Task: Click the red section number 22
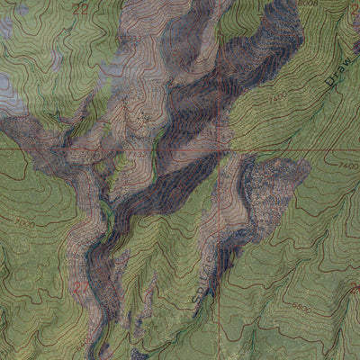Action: click(x=82, y=8)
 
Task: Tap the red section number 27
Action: click(x=82, y=288)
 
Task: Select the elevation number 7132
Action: click(x=137, y=154)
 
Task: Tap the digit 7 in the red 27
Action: click(x=85, y=288)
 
